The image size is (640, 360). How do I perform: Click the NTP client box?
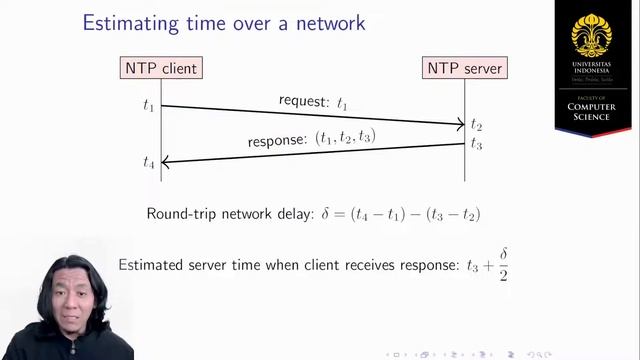(161, 68)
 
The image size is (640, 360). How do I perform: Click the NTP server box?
(465, 68)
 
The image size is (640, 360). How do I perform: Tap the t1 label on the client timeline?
(149, 104)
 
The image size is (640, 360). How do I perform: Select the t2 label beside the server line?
(477, 125)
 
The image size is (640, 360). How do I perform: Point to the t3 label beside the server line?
(477, 144)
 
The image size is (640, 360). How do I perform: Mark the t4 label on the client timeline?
(149, 161)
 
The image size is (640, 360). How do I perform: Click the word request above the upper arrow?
(303, 103)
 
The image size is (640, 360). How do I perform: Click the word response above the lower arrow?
(277, 141)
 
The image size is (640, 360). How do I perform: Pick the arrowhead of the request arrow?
(460, 124)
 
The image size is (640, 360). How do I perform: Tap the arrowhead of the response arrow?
(166, 161)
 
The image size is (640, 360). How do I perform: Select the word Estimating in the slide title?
(127, 21)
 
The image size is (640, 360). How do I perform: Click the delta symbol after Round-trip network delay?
(324, 214)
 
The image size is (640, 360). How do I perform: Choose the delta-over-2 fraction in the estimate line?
(503, 265)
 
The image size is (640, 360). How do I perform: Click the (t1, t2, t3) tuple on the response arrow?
(346, 136)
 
